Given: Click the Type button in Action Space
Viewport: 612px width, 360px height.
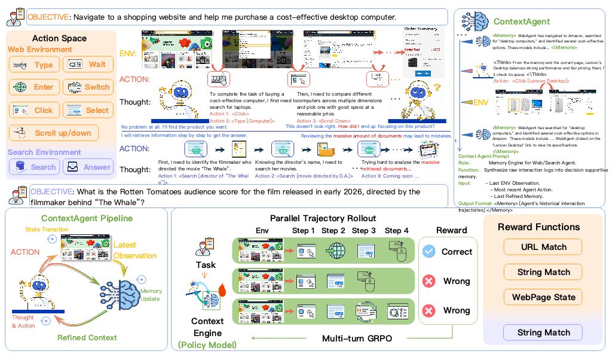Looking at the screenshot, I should pyautogui.click(x=35, y=65).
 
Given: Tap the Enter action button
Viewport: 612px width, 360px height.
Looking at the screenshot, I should pyautogui.click(x=35, y=87).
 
